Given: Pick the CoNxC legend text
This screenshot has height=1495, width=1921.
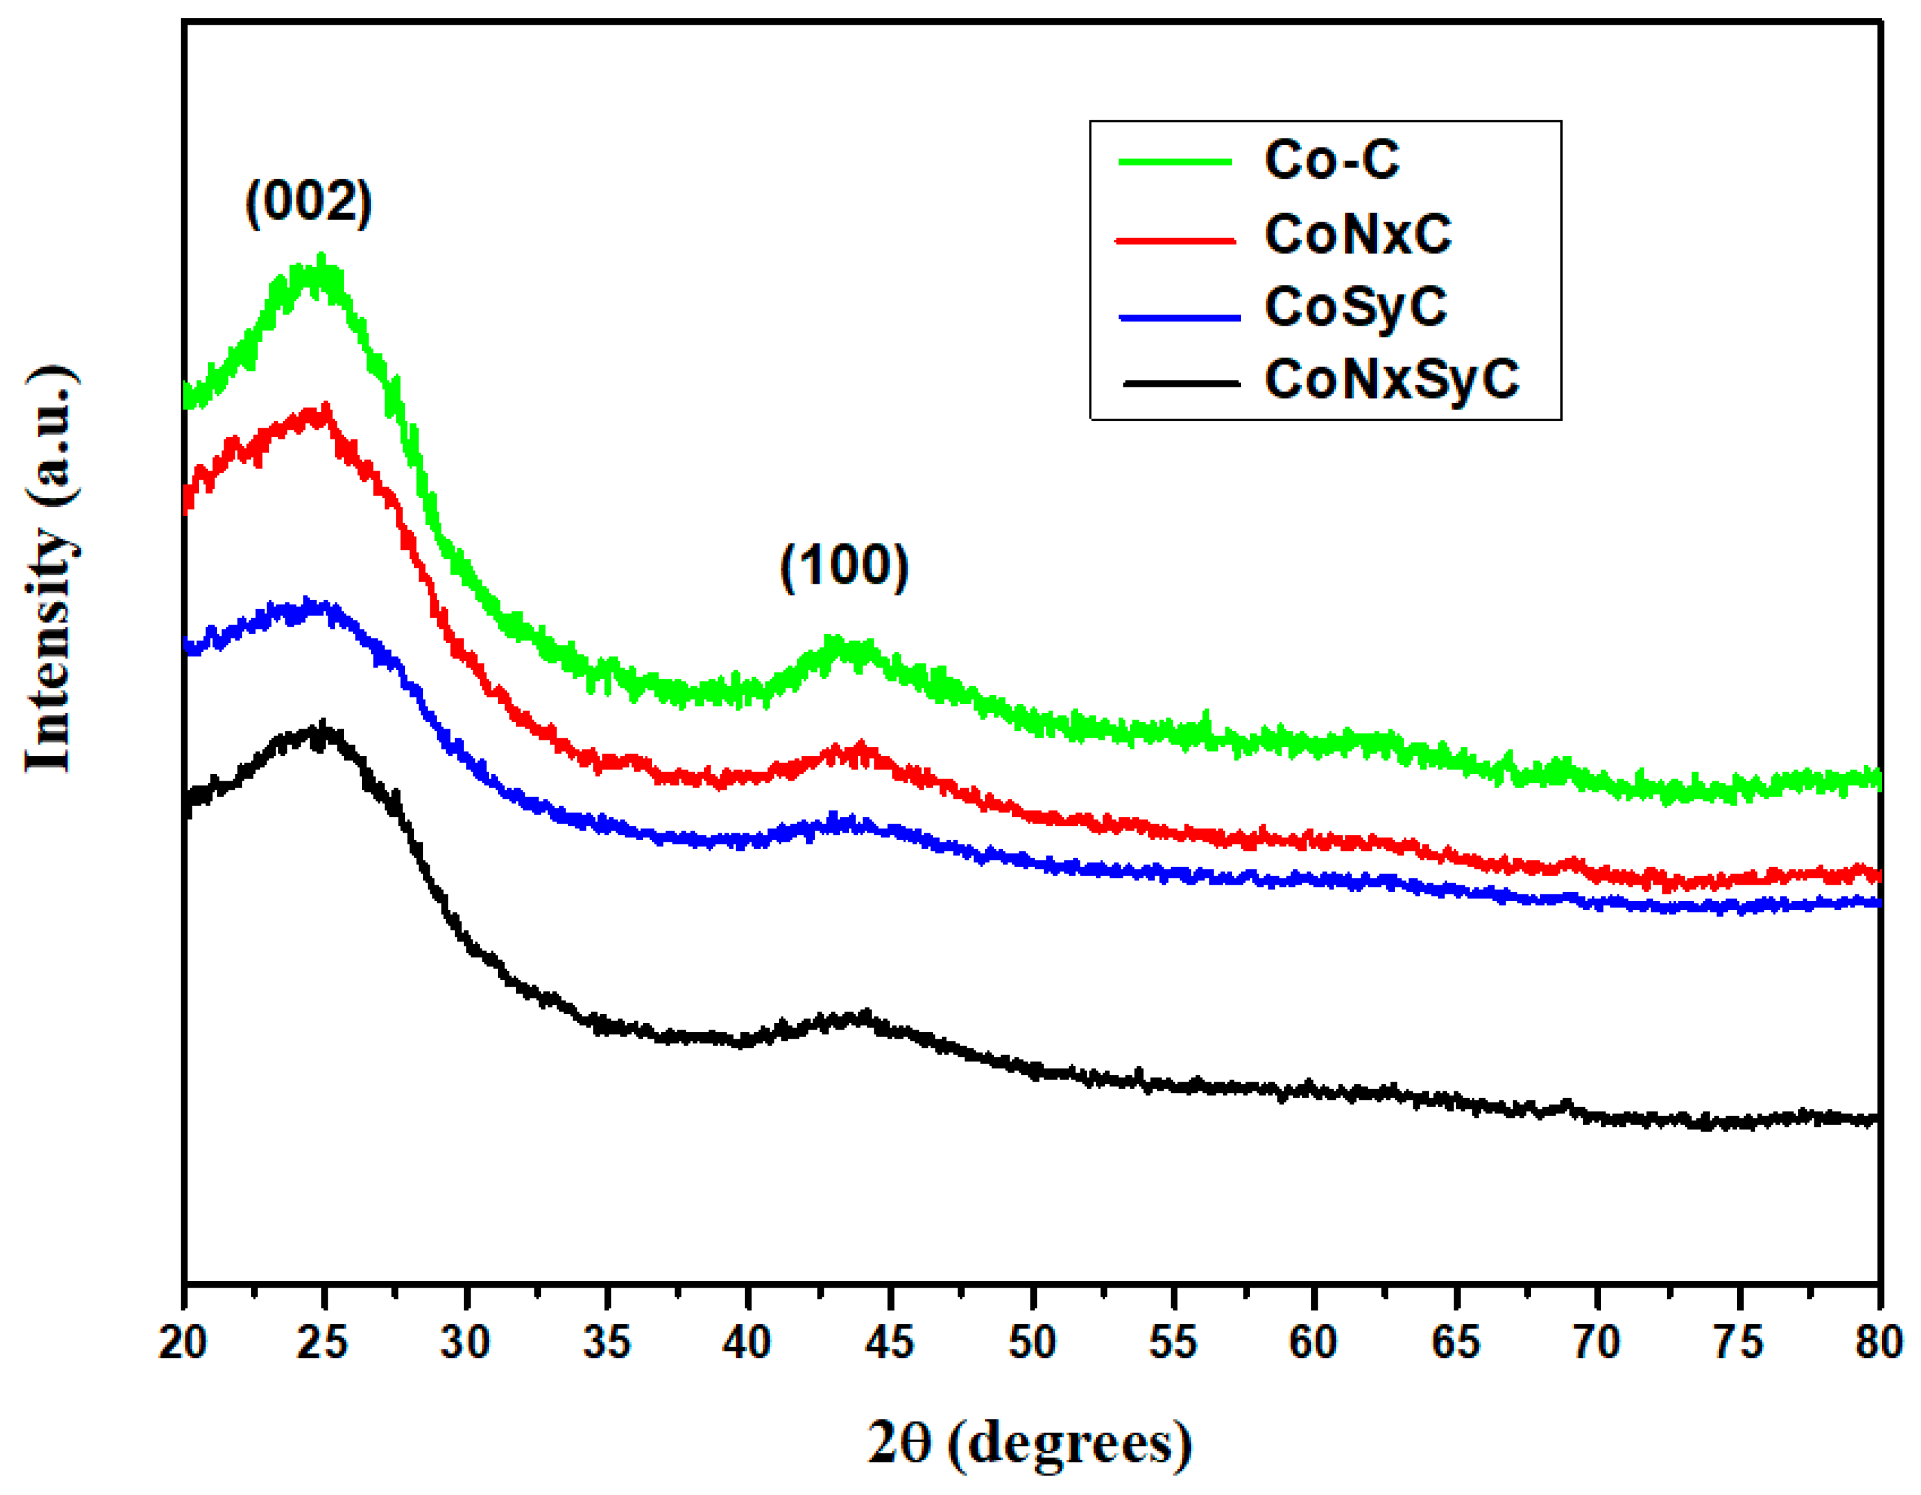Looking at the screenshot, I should tap(1357, 234).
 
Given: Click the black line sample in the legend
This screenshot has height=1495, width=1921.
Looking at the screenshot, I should tap(1181, 383).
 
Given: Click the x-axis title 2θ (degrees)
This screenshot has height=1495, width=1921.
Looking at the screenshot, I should tap(1030, 1443).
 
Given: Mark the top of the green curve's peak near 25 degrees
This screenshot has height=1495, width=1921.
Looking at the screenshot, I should tap(321, 259).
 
